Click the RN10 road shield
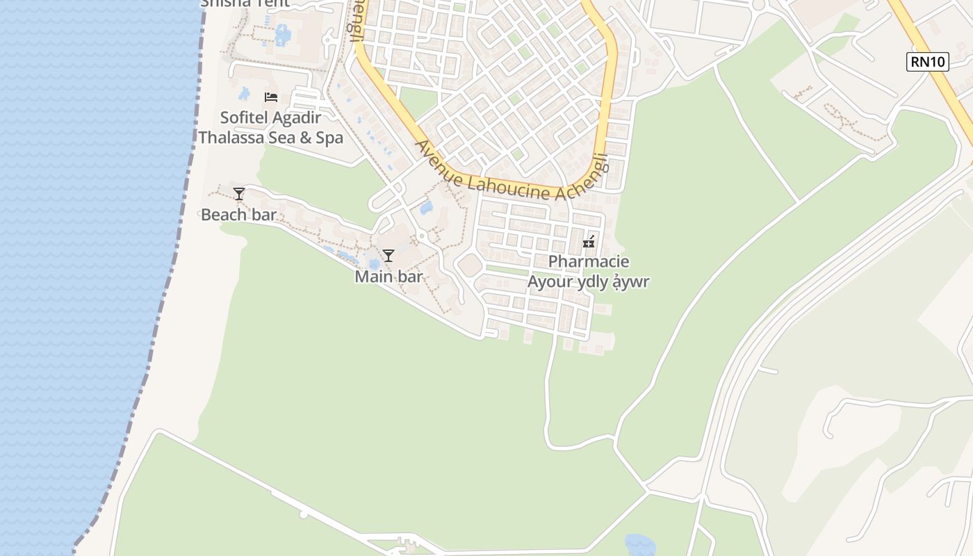coord(928,62)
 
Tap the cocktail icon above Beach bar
coord(239,194)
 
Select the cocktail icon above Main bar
coord(389,256)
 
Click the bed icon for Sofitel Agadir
coord(271,97)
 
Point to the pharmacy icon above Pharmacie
coord(589,243)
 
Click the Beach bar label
coord(238,215)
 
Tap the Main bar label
coord(389,277)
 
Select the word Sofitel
coord(244,117)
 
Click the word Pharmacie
coord(589,262)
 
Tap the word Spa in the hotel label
coord(329,138)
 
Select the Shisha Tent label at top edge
coord(245,3)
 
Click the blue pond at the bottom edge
coord(639,546)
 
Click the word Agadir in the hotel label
coord(295,117)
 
